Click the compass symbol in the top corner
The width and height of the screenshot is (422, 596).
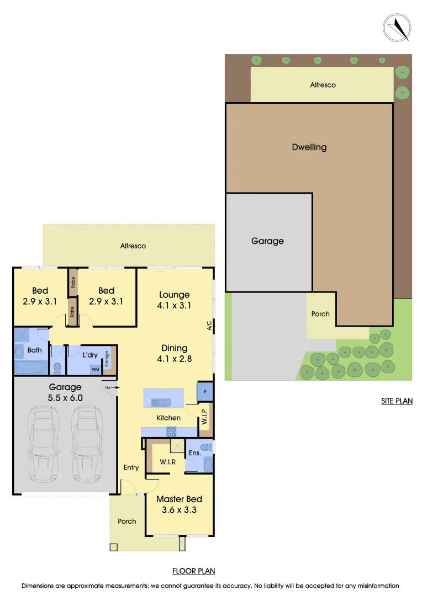[397, 27]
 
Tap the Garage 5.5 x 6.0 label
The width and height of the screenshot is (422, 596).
[65, 392]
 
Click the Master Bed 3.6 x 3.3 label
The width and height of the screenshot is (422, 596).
[179, 505]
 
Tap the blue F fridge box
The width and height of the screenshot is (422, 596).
[205, 391]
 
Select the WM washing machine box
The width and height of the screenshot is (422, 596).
[95, 369]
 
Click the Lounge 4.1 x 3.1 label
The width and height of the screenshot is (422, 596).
[175, 300]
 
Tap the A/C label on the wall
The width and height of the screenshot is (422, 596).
[209, 326]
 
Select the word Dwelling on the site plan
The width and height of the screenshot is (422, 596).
[309, 147]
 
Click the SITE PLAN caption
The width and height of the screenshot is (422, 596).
[397, 401]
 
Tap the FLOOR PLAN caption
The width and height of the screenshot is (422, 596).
[193, 571]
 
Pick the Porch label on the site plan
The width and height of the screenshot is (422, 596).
[320, 314]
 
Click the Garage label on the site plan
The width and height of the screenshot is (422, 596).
[267, 241]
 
